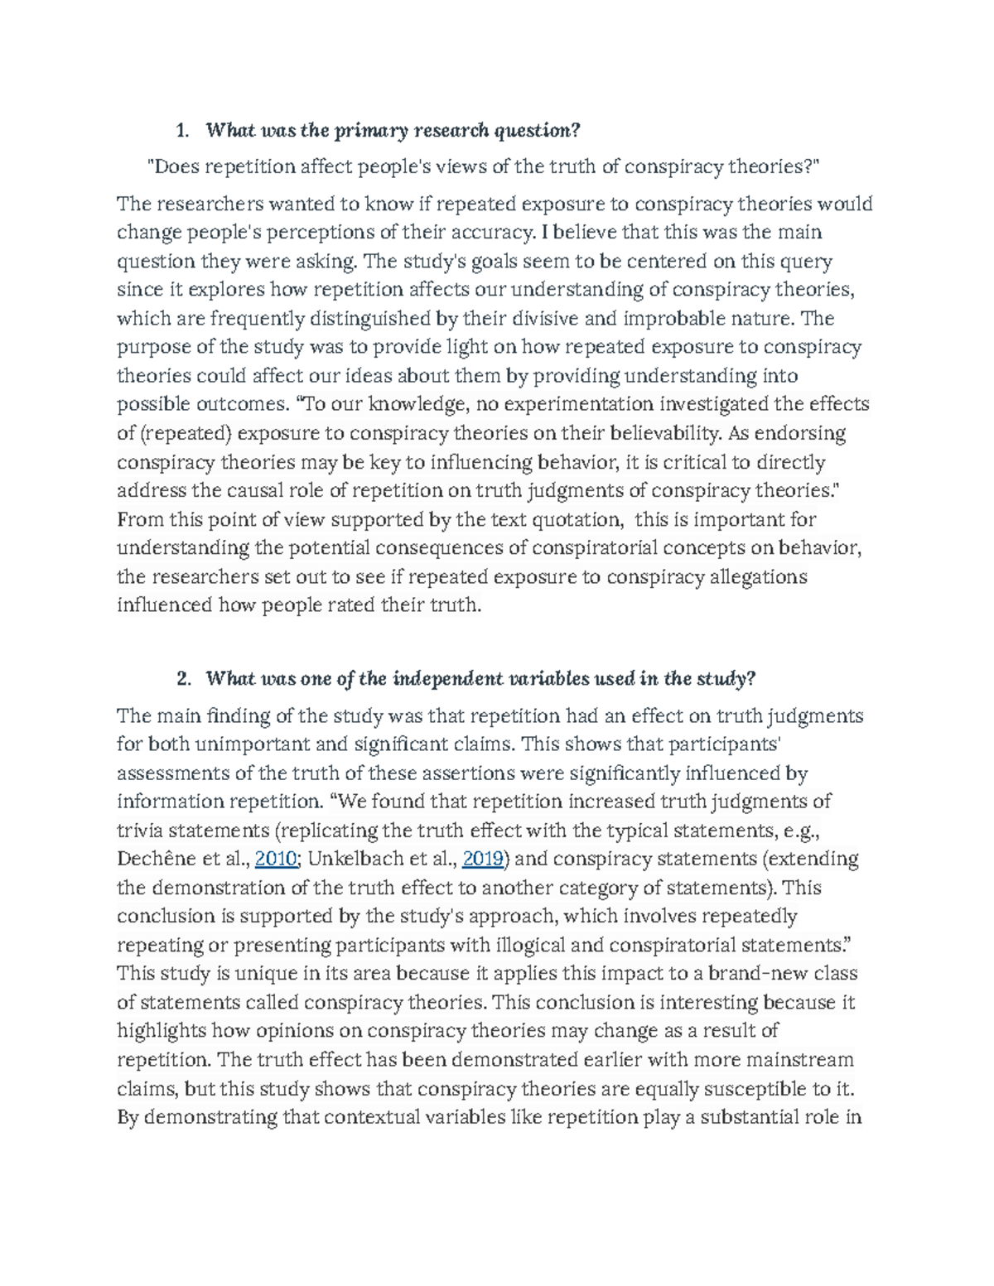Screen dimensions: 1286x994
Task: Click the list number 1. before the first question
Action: pyautogui.click(x=183, y=131)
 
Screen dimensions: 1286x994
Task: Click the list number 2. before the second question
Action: pyautogui.click(x=184, y=679)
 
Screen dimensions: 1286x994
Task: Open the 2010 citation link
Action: pyautogui.click(x=277, y=859)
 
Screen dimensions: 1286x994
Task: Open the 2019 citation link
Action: pyautogui.click(x=484, y=859)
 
